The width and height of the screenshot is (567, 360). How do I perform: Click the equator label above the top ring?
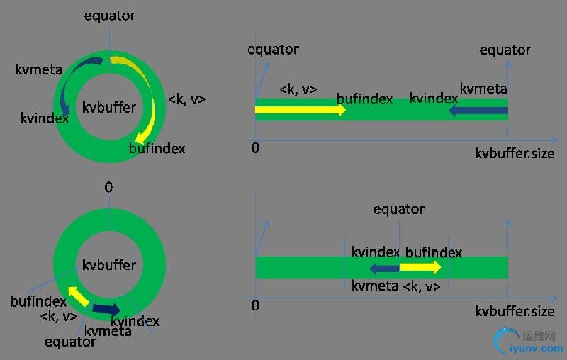click(x=110, y=16)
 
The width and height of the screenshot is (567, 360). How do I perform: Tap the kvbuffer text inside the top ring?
click(x=109, y=107)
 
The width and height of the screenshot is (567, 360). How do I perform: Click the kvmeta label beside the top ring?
click(x=38, y=69)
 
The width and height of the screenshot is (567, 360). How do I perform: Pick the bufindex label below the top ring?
click(x=157, y=149)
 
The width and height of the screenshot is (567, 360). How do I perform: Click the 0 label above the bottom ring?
click(x=108, y=187)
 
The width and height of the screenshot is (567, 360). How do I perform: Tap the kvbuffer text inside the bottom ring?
click(x=109, y=265)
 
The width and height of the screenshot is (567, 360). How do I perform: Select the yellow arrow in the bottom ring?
click(x=79, y=296)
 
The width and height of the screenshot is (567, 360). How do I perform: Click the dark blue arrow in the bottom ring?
click(x=106, y=310)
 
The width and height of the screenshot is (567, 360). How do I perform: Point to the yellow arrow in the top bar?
click(x=300, y=110)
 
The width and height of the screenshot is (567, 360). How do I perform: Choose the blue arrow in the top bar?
click(x=479, y=110)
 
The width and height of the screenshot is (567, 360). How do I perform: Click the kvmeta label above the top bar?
click(x=483, y=89)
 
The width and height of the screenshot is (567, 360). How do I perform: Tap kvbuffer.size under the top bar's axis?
click(x=515, y=154)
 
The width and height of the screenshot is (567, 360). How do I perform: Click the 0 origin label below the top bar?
click(x=255, y=148)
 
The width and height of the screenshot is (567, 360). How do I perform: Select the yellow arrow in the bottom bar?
click(x=420, y=267)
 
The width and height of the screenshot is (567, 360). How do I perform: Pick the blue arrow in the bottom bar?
click(x=385, y=268)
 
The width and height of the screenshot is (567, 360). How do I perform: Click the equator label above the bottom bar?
click(x=399, y=209)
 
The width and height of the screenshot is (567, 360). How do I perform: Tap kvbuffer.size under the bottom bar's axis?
click(x=515, y=311)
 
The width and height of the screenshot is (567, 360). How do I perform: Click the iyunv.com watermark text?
click(x=537, y=349)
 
